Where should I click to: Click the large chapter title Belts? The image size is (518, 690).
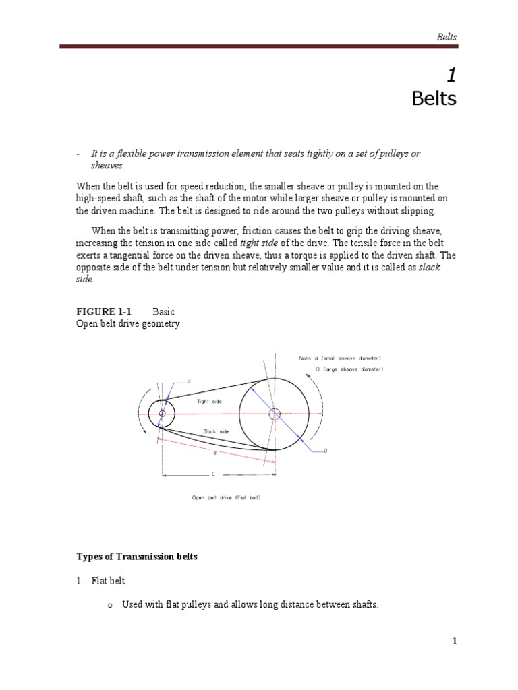[434, 99]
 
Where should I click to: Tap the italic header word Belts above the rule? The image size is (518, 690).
[446, 36]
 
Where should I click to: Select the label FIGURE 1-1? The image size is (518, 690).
[103, 312]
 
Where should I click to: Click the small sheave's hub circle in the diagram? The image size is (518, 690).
[162, 413]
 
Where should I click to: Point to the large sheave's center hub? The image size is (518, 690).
[274, 414]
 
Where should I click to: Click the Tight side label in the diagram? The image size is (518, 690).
[209, 401]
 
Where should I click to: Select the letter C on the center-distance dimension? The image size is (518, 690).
[213, 474]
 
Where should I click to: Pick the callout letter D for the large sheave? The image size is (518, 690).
[325, 451]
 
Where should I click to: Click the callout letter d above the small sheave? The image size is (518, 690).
[189, 381]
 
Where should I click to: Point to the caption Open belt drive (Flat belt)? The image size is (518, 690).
[226, 498]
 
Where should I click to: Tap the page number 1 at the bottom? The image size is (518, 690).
[455, 641]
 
